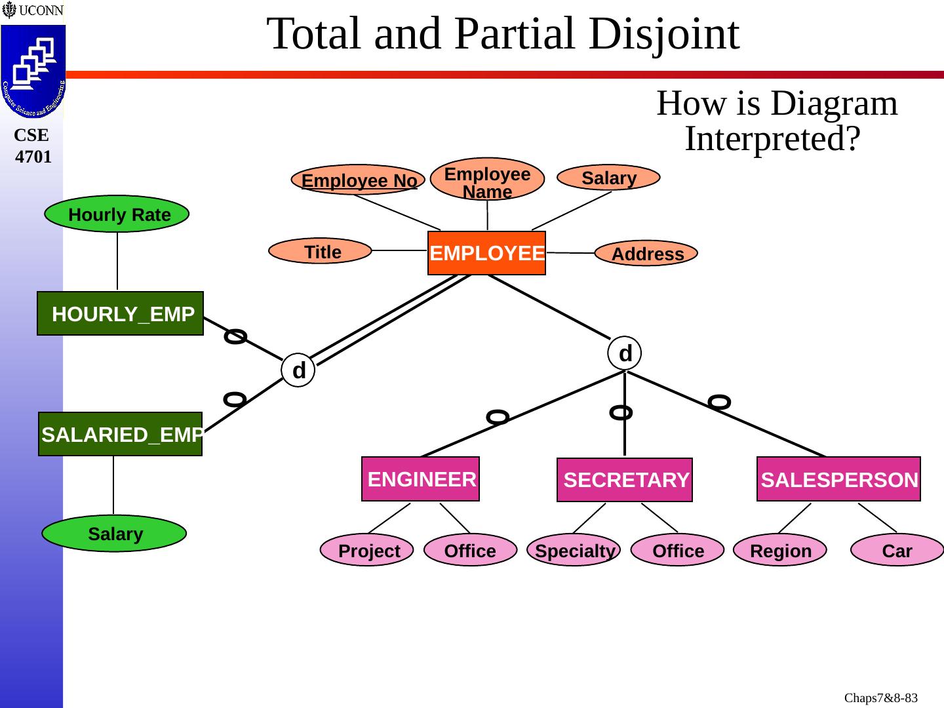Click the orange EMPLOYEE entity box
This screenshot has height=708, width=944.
(x=486, y=253)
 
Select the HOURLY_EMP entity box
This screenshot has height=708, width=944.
(x=121, y=313)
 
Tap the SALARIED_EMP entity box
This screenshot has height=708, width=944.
(x=121, y=434)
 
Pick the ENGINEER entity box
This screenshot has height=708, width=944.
(x=420, y=479)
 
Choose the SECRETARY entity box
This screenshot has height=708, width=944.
(x=625, y=480)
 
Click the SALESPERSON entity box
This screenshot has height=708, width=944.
(x=838, y=479)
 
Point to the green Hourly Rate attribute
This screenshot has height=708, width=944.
(x=117, y=214)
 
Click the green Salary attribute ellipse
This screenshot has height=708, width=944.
(x=114, y=534)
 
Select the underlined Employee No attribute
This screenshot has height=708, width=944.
(x=359, y=180)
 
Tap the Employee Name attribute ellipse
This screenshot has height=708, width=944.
(x=487, y=179)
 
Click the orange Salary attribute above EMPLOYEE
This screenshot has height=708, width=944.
(x=608, y=178)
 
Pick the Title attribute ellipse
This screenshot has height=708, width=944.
(x=321, y=251)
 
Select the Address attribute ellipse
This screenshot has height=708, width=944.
(x=646, y=254)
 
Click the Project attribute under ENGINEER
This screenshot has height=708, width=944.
(x=367, y=551)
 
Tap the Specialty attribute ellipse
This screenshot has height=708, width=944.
(x=574, y=551)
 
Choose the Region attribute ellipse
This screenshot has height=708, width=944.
(x=780, y=551)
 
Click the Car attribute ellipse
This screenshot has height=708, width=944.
(x=897, y=551)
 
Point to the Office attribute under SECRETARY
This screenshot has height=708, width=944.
(x=678, y=551)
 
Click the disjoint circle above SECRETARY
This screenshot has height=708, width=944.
(x=624, y=353)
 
